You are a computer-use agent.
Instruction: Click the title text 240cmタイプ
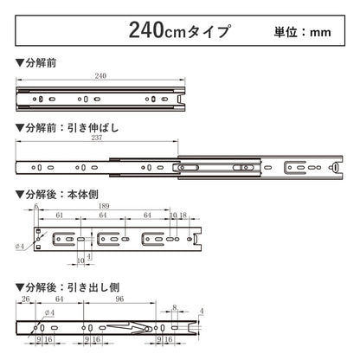[x=180, y=32]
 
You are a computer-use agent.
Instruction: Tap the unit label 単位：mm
[x=302, y=33]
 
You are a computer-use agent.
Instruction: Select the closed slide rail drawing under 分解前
[x=102, y=99]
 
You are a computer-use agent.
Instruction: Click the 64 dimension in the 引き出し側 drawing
[x=57, y=300]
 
